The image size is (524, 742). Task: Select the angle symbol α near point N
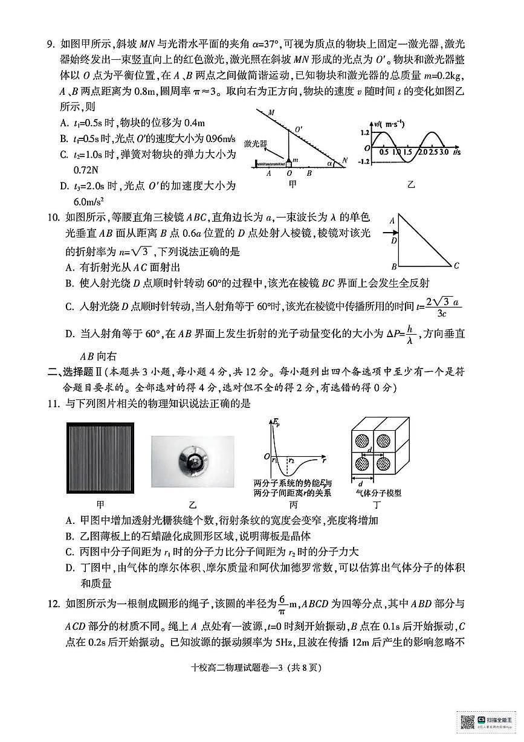point(330,163)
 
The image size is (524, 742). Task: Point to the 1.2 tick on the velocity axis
point(364,132)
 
